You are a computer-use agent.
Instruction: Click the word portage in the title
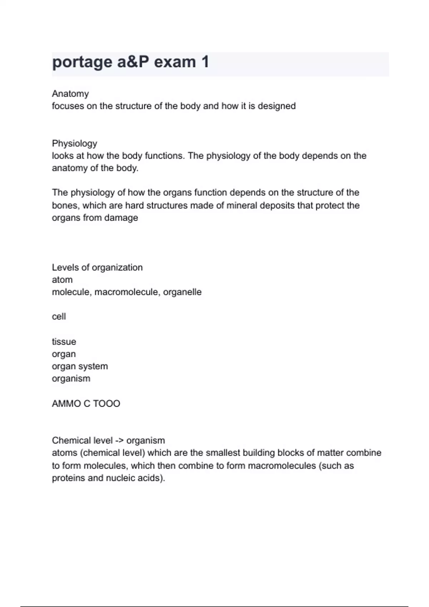(82, 62)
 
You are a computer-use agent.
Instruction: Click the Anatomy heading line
(70, 94)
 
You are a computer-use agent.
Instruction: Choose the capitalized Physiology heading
(74, 143)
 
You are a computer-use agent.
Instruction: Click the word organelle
(182, 292)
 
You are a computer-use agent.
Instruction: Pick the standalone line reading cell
(59, 317)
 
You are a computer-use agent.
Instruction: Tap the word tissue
(64, 342)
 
